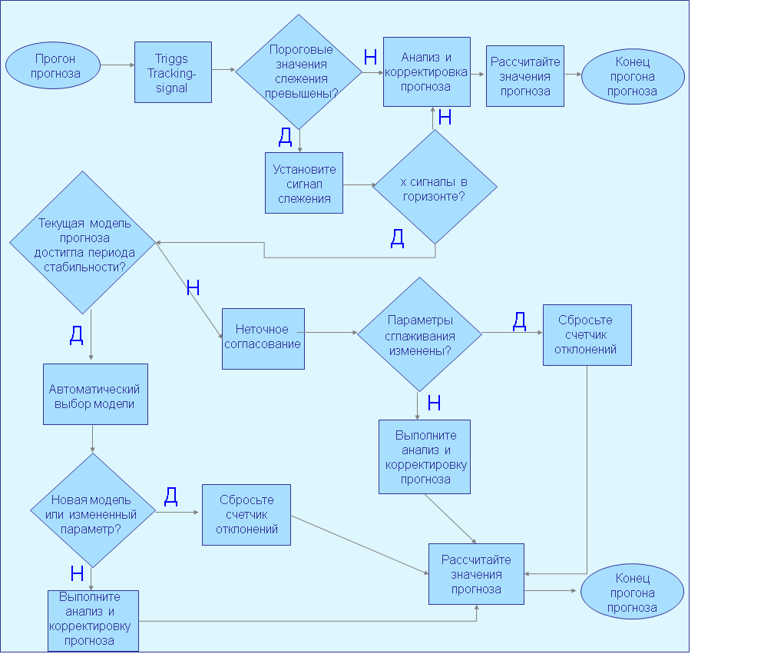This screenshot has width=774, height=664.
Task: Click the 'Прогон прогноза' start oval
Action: tap(53, 66)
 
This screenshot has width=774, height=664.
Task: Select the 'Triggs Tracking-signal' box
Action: tap(174, 72)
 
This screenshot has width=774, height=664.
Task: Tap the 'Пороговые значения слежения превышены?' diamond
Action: tap(299, 72)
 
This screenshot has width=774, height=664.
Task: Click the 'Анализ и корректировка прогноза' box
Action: tap(427, 71)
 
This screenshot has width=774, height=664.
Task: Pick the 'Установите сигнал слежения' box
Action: tap(304, 183)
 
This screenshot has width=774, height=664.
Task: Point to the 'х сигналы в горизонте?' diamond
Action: tap(435, 187)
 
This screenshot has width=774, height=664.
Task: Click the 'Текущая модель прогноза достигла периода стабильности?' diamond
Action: tap(82, 243)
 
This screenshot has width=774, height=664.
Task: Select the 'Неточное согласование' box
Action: tap(263, 339)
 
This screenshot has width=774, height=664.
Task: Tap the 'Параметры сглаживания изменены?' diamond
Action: tap(419, 334)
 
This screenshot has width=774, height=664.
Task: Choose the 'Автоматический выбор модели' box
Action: tap(95, 394)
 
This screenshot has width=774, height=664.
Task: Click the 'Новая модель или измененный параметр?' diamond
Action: tap(93, 510)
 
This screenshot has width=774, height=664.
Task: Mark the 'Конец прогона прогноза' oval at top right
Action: tap(633, 76)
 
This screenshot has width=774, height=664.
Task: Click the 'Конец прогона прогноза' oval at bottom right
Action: tap(632, 592)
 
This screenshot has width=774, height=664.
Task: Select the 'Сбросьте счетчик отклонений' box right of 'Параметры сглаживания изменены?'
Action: tap(587, 335)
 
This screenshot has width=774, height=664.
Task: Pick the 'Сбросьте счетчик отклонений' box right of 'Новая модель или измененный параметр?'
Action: tap(246, 515)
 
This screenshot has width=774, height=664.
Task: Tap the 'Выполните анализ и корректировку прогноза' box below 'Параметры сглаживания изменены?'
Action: tap(425, 457)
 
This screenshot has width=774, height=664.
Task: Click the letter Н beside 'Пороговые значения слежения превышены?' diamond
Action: tap(370, 58)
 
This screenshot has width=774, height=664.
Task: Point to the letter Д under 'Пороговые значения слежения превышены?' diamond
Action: tap(286, 137)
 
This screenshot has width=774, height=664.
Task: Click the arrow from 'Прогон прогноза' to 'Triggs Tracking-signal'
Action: tap(117, 65)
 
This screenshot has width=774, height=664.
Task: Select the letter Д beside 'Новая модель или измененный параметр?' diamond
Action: tap(170, 496)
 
